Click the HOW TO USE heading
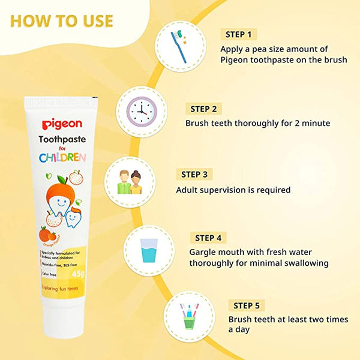point(61,21)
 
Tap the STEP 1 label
point(239,34)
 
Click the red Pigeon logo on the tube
point(62,124)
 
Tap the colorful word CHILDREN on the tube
point(62,158)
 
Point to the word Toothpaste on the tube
point(62,139)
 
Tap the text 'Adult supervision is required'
point(233,190)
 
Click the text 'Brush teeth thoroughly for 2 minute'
point(257,124)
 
